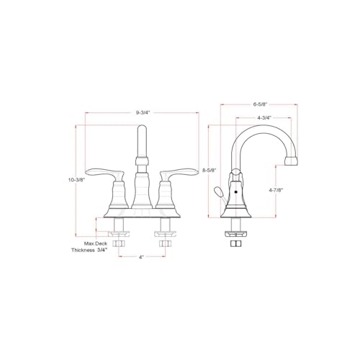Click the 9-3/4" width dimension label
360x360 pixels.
[x=143, y=112]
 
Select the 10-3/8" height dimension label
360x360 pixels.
[x=77, y=179]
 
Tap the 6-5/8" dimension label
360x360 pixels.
[x=260, y=104]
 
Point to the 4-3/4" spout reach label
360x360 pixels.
[x=264, y=117]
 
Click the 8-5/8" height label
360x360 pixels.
[x=210, y=170]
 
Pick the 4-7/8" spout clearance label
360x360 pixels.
[x=276, y=190]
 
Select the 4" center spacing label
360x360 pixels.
[x=141, y=257]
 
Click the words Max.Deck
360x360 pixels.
[x=96, y=243]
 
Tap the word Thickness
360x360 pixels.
[x=83, y=250]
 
